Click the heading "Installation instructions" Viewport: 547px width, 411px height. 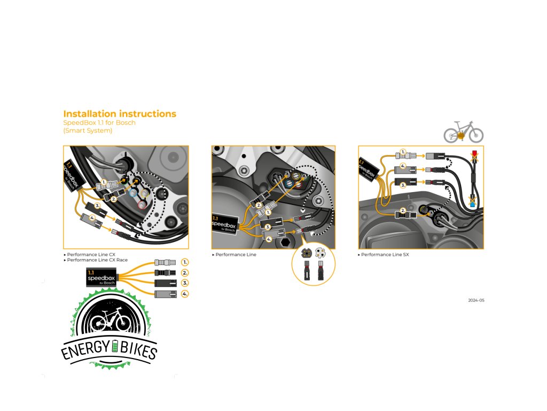(120, 114)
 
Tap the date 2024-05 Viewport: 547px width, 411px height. (476, 300)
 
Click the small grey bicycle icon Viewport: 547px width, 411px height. (463, 132)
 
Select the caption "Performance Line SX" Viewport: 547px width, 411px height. (385, 255)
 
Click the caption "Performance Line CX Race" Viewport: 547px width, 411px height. (97, 260)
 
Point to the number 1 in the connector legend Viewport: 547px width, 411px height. (185, 262)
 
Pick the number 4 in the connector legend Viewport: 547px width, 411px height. (185, 294)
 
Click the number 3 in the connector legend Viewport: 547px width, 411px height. (185, 283)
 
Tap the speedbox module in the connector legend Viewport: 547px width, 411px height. (100, 278)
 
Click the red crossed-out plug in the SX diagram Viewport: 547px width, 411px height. (473, 157)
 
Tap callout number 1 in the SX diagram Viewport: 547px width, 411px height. (403, 152)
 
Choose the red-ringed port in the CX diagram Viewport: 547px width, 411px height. (141, 205)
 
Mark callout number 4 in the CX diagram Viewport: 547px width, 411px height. (92, 218)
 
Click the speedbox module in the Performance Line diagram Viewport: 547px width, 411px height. (224, 224)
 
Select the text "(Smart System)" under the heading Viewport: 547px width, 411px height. (88, 131)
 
